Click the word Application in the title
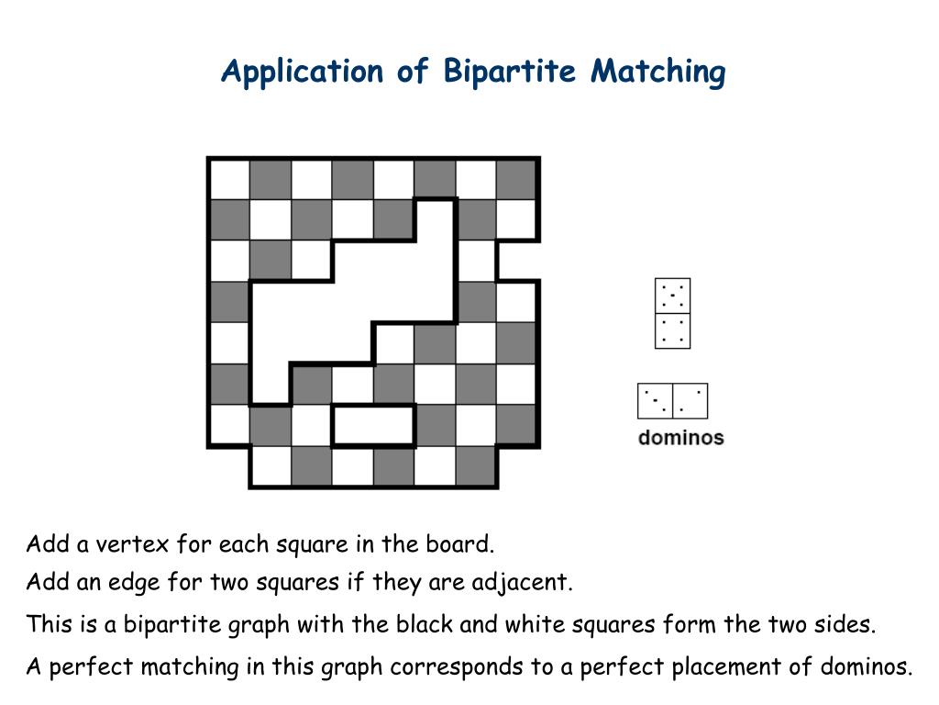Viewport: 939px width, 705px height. [x=302, y=72]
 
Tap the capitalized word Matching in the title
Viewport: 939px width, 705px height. [x=658, y=72]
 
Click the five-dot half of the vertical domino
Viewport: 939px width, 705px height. [x=673, y=297]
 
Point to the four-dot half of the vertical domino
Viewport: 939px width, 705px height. [x=673, y=331]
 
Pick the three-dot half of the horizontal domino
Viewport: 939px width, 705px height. [x=656, y=401]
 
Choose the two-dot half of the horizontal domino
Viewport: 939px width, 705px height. [x=690, y=401]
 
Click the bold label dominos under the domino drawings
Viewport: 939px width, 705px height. [x=681, y=438]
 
